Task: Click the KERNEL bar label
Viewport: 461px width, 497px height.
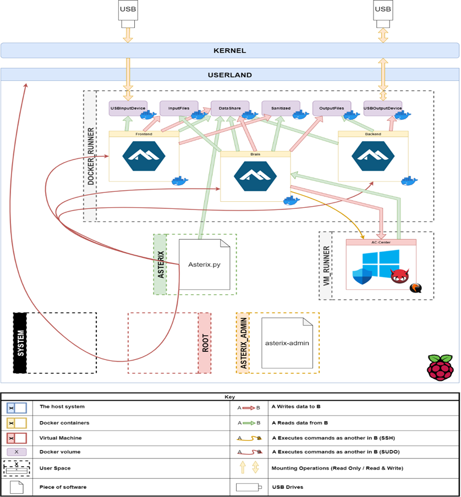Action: [229, 51]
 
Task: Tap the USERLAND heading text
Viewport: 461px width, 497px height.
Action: [229, 75]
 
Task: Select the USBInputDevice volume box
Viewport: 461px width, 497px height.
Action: [128, 108]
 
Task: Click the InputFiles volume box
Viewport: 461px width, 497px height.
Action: [178, 108]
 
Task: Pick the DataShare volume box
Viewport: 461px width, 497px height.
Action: [229, 108]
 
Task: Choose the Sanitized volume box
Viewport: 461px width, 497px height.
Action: [281, 108]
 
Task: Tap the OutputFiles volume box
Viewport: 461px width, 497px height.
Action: [331, 108]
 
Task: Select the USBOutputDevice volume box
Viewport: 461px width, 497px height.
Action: [382, 108]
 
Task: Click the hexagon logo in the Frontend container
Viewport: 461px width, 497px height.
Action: [144, 157]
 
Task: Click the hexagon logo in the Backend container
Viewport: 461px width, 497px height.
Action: [373, 157]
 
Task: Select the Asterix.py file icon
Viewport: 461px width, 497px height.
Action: [204, 264]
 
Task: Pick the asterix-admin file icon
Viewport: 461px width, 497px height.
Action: [287, 343]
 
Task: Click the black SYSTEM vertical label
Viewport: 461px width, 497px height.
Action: [20, 343]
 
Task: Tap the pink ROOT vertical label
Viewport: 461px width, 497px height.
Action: [205, 343]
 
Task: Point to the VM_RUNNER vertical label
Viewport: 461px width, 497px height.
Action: [326, 266]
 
